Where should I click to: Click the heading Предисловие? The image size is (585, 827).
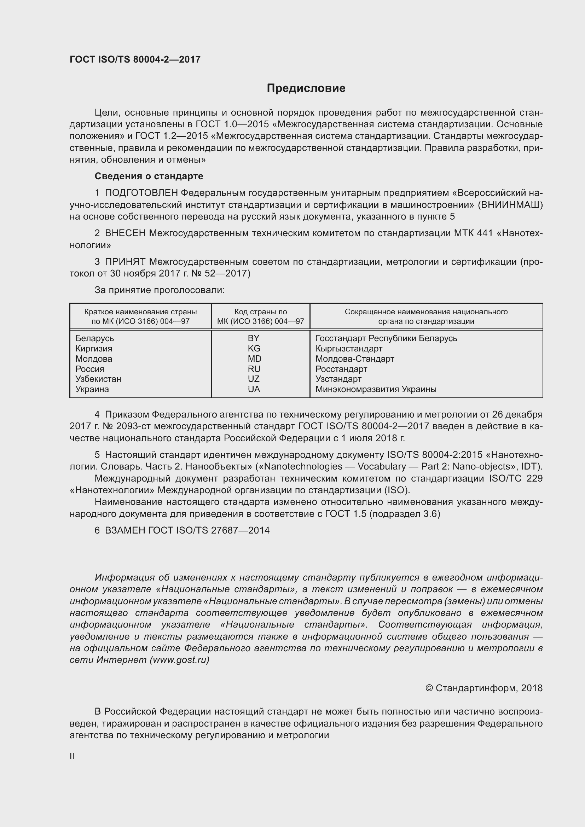click(306, 88)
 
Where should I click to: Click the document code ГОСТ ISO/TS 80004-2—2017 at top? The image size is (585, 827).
click(135, 59)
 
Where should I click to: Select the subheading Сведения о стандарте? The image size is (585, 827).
click(149, 176)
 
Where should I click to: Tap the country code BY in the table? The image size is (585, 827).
click(254, 338)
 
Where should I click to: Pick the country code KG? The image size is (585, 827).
click(254, 348)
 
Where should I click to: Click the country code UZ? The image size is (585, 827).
click(254, 379)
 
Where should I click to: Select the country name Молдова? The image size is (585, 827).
click(94, 359)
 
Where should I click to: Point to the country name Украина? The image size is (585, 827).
click(92, 389)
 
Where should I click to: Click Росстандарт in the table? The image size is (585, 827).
click(341, 369)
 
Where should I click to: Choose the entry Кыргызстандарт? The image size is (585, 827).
click(349, 348)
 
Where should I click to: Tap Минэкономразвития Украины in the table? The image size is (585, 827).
click(376, 389)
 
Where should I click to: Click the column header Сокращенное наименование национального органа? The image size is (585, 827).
click(426, 316)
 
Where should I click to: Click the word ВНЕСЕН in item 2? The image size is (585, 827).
click(125, 233)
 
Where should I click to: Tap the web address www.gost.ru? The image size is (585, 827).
click(179, 659)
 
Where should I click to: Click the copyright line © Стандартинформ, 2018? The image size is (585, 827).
click(484, 688)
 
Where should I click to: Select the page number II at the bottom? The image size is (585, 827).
click(72, 756)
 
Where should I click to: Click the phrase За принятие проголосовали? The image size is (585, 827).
click(160, 290)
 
